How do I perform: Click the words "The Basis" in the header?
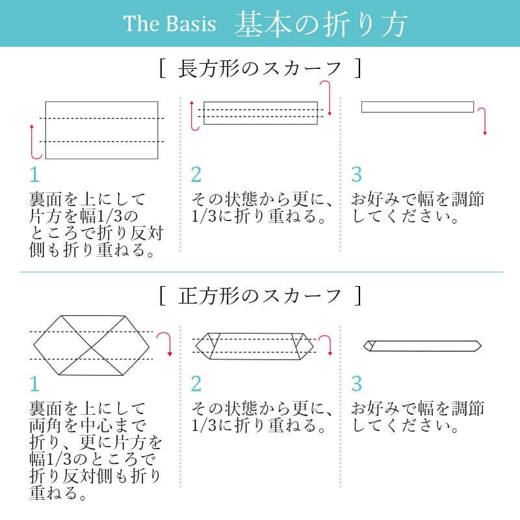(x=170, y=23)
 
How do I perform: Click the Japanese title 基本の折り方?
(x=320, y=24)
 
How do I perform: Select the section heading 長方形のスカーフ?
(x=259, y=69)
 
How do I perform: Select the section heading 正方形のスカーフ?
(x=259, y=296)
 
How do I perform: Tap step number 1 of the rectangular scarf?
(x=34, y=174)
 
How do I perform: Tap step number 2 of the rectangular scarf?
(x=196, y=174)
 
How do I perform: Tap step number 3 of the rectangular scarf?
(x=356, y=174)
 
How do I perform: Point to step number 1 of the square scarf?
(x=34, y=383)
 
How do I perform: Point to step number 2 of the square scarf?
(x=196, y=383)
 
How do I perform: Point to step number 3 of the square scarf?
(x=356, y=383)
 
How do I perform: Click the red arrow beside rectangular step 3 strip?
(x=482, y=122)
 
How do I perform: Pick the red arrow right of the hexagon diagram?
(x=165, y=344)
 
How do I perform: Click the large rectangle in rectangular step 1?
(x=101, y=131)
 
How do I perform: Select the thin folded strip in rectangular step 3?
(x=417, y=107)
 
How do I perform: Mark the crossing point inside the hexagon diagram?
(x=92, y=347)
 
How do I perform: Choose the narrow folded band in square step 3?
(x=422, y=346)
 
